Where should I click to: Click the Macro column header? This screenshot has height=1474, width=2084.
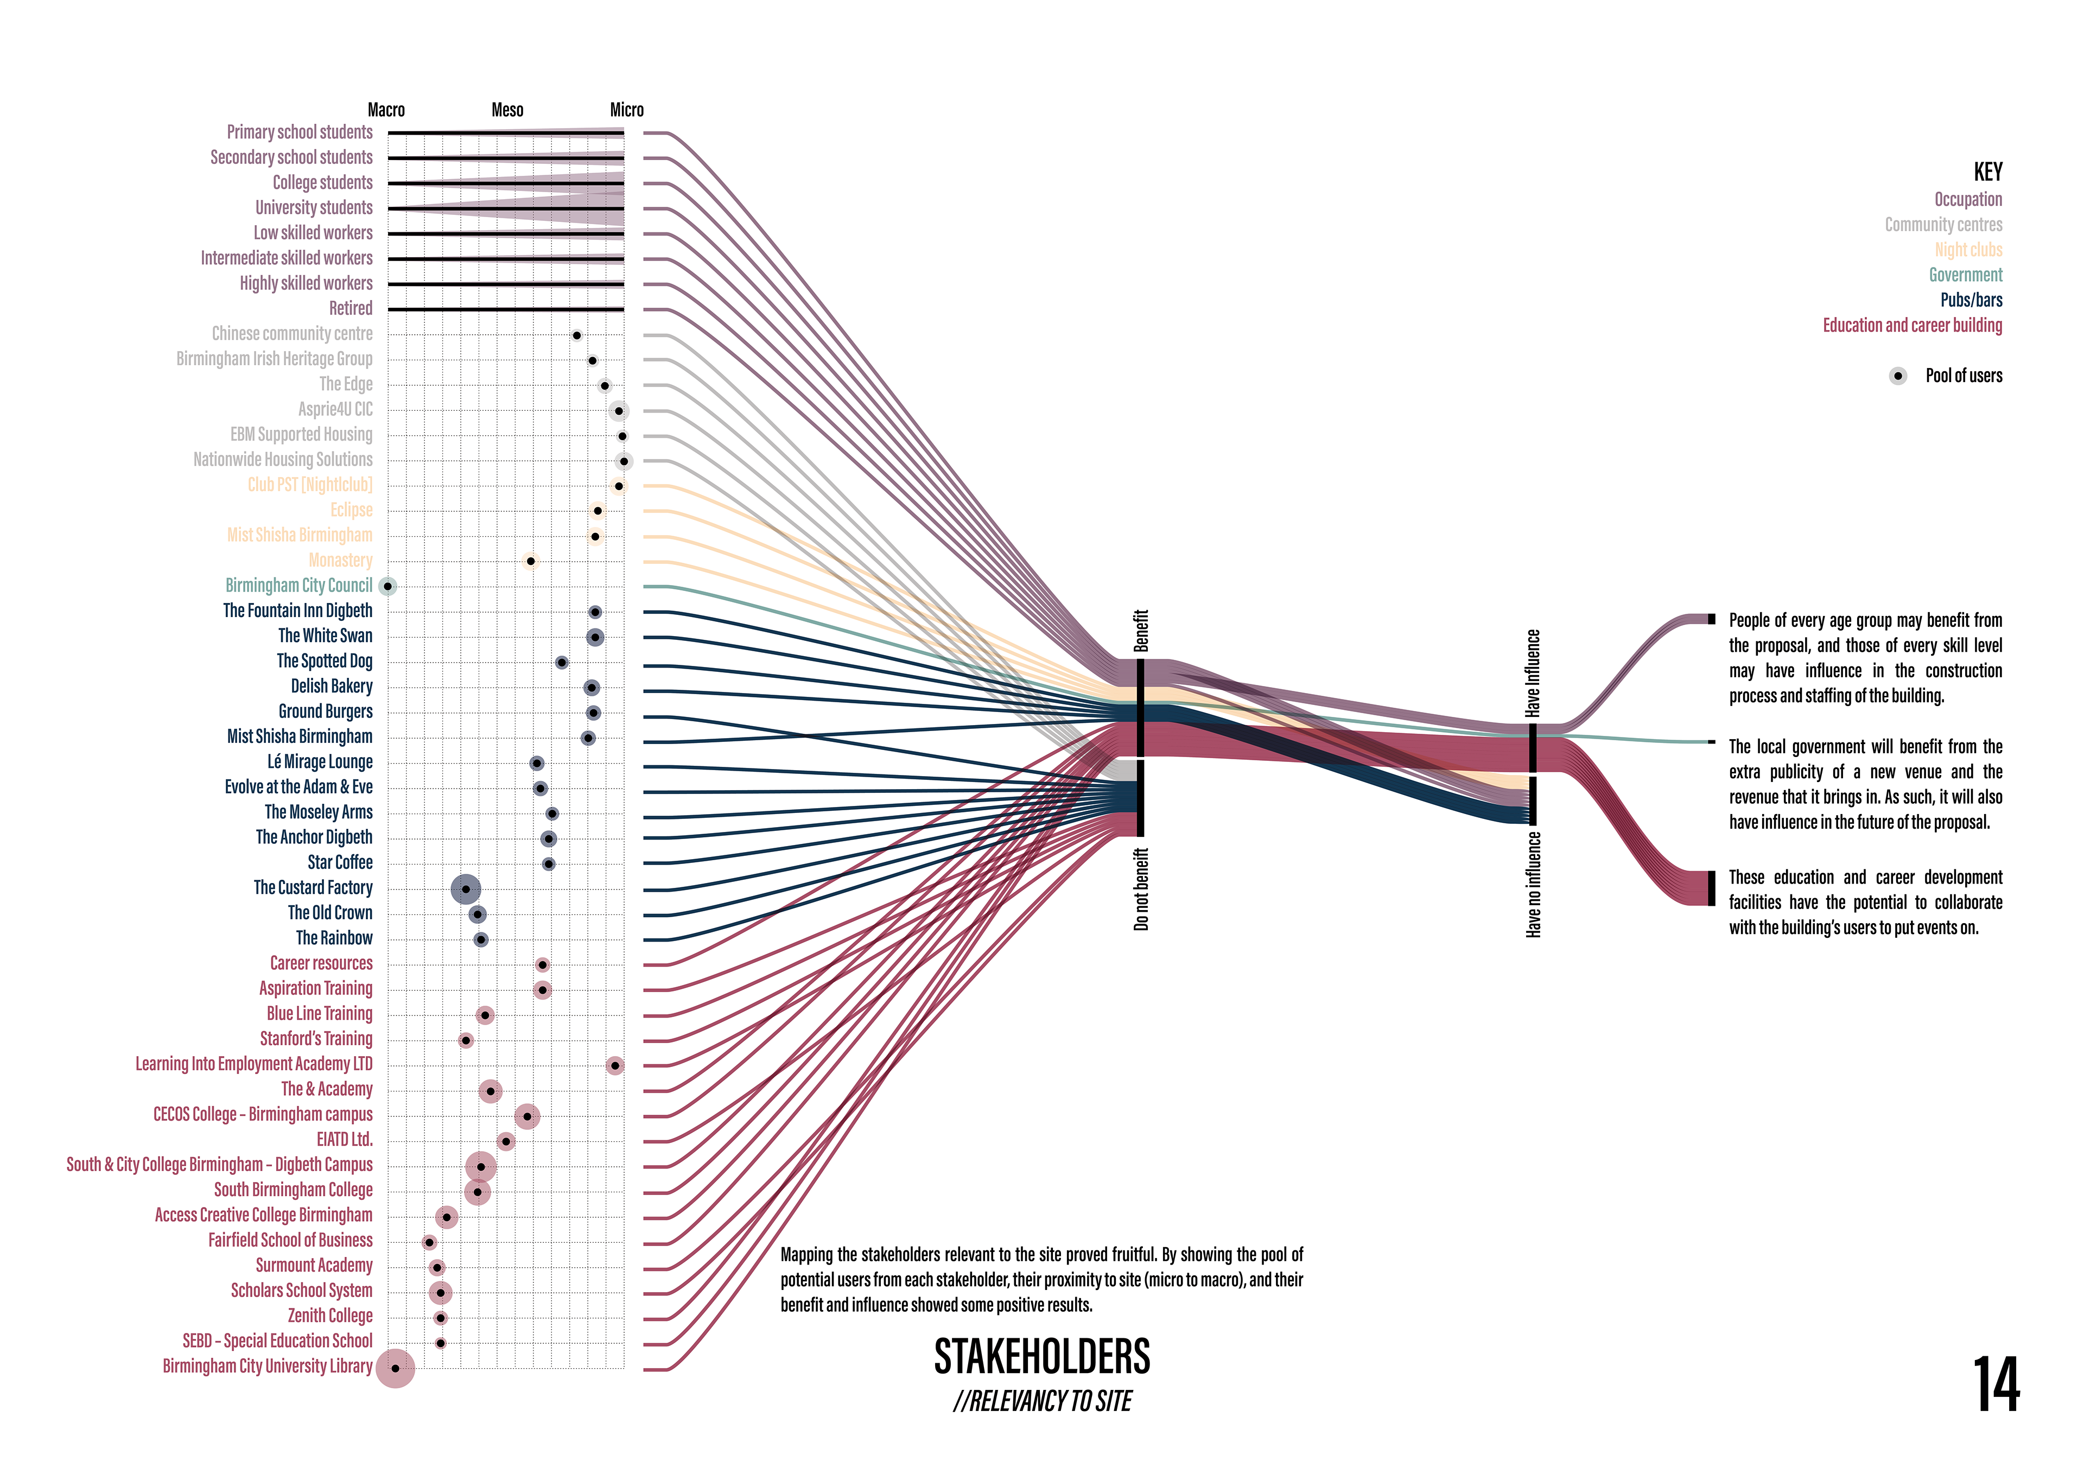tap(386, 110)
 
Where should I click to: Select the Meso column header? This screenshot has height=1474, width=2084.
tap(507, 110)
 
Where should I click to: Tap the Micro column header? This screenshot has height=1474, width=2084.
tap(626, 110)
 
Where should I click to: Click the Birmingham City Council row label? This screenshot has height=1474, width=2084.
tap(298, 586)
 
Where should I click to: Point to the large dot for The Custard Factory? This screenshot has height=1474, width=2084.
tap(466, 890)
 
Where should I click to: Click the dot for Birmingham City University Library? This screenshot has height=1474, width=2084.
tap(395, 1368)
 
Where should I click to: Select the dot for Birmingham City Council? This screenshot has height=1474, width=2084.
tap(387, 586)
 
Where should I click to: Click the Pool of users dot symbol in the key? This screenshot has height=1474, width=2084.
tap(1898, 376)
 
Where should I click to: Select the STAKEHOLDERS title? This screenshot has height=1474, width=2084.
tap(1042, 1357)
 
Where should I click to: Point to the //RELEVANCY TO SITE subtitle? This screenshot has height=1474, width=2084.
tap(1042, 1401)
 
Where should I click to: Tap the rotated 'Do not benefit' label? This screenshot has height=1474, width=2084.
tap(1141, 890)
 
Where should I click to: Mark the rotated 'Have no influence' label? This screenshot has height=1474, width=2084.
tap(1533, 885)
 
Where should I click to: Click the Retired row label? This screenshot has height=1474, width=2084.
tap(351, 309)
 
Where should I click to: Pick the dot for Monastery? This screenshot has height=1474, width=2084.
tap(531, 561)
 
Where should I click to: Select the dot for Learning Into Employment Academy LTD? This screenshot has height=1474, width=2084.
tap(614, 1065)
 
